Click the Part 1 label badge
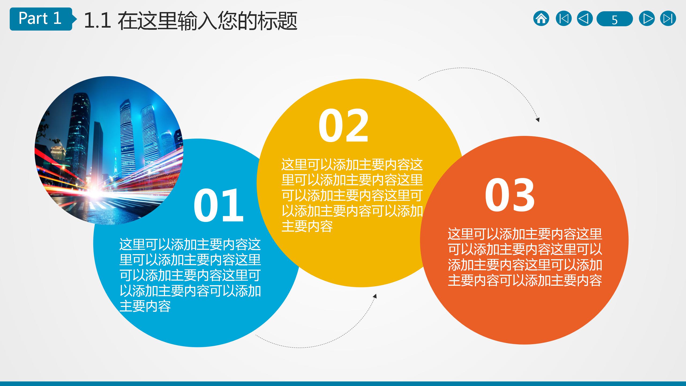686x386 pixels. point(40,19)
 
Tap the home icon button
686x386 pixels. point(541,19)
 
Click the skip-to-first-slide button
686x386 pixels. point(563,19)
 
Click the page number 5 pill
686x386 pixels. point(614,19)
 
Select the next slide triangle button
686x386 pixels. point(647,19)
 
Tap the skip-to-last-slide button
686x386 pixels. point(668,19)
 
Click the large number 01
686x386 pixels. point(218,206)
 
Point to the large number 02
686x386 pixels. point(343,126)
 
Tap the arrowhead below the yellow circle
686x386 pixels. point(375,296)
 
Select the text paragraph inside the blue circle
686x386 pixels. point(190,275)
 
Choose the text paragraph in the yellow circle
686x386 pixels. point(352,195)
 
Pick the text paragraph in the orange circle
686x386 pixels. point(525,257)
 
